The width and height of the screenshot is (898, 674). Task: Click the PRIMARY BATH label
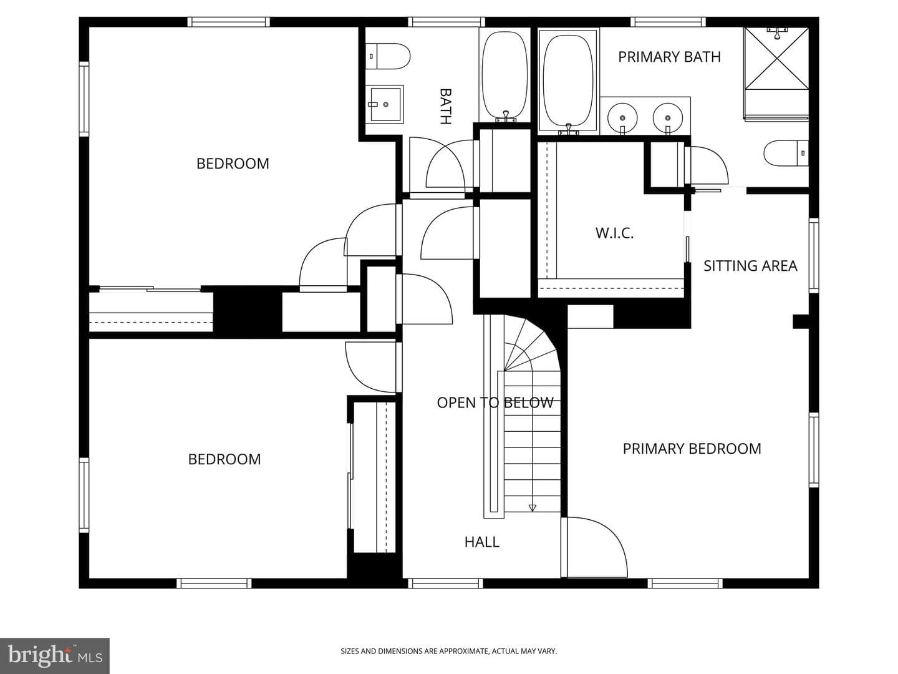pyautogui.click(x=669, y=57)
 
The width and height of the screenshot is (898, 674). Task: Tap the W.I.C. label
pyautogui.click(x=614, y=233)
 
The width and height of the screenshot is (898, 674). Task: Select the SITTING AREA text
pyautogui.click(x=750, y=266)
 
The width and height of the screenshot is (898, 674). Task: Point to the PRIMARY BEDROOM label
pyautogui.click(x=692, y=449)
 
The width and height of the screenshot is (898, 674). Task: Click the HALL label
pyautogui.click(x=482, y=542)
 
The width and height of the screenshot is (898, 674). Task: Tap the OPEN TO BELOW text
pyautogui.click(x=495, y=403)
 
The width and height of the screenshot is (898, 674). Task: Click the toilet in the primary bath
pyautogui.click(x=786, y=153)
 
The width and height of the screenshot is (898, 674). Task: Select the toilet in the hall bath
pyautogui.click(x=388, y=56)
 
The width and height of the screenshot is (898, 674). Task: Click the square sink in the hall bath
pyautogui.click(x=385, y=104)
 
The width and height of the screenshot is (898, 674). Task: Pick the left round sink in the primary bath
pyautogui.click(x=622, y=117)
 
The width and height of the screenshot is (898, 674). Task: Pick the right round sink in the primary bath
pyautogui.click(x=668, y=117)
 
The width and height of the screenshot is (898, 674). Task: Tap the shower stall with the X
pyautogui.click(x=776, y=57)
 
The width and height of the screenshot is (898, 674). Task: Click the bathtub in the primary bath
pyautogui.click(x=568, y=81)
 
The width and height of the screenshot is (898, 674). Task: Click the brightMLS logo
pyautogui.click(x=55, y=656)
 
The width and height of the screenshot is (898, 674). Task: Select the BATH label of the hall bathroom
pyautogui.click(x=445, y=106)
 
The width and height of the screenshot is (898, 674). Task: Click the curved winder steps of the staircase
pyautogui.click(x=531, y=344)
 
